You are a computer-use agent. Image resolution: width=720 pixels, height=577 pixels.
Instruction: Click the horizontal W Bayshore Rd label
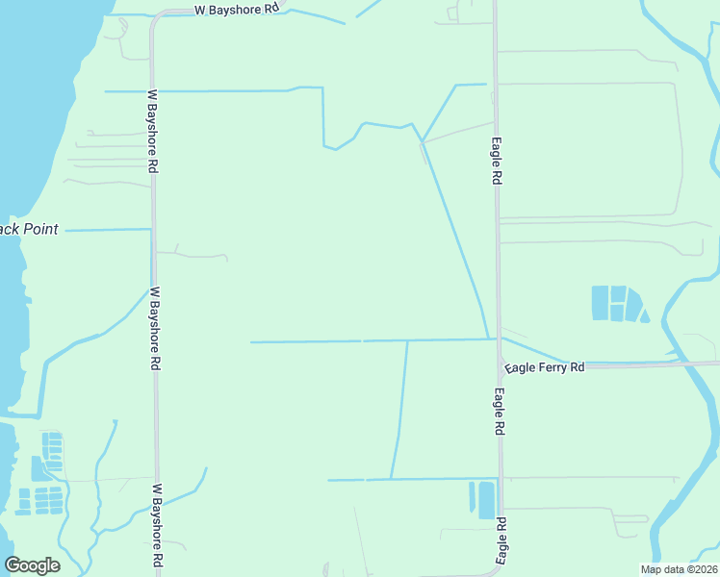click(x=236, y=9)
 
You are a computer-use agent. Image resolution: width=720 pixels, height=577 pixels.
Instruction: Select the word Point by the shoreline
click(x=39, y=230)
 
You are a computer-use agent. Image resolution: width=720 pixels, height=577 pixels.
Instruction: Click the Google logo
click(x=32, y=565)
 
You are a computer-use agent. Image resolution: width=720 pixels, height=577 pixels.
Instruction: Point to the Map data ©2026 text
click(x=678, y=569)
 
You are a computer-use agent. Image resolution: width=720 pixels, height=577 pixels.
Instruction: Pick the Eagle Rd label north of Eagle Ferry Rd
click(x=497, y=161)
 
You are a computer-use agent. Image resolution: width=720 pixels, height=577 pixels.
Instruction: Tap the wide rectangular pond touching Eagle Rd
click(x=486, y=499)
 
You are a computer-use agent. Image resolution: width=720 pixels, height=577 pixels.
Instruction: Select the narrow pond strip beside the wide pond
click(x=472, y=497)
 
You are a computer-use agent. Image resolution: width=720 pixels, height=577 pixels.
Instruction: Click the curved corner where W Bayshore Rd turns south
click(x=156, y=17)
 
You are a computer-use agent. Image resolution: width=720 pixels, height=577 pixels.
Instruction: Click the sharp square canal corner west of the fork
click(x=322, y=88)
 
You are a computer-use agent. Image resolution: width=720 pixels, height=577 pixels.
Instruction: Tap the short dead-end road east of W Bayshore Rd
click(x=193, y=255)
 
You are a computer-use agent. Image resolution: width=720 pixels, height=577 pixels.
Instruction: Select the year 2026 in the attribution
click(x=701, y=569)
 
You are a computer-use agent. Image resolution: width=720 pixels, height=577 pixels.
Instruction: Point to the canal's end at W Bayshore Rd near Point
click(x=150, y=230)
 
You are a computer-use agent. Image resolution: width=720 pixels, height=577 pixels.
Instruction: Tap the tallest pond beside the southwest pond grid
click(x=37, y=468)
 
